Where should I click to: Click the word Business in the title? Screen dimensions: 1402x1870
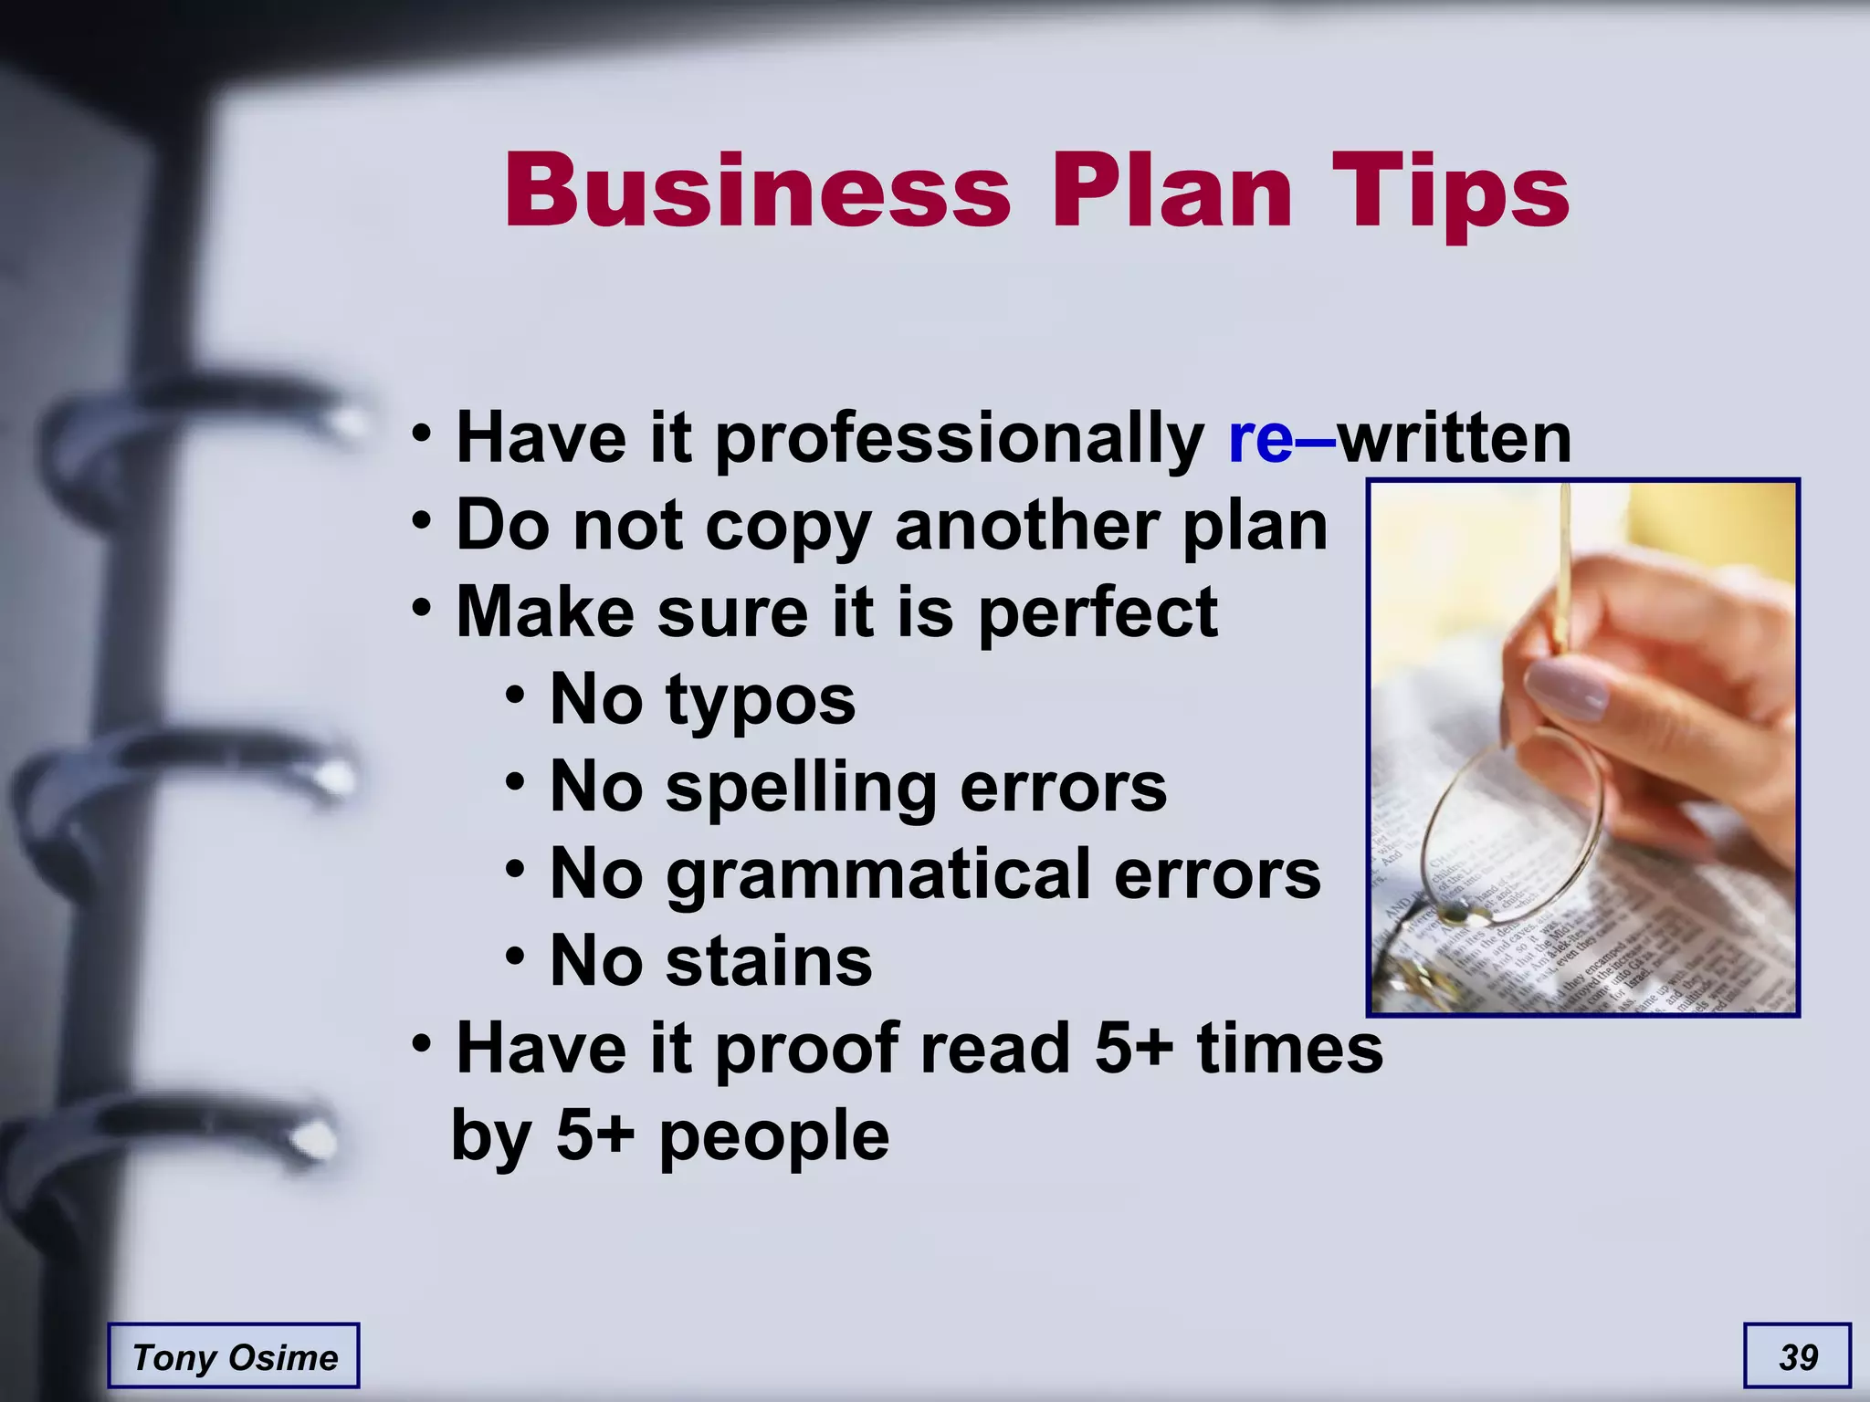758,192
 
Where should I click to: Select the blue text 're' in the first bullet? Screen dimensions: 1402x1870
1261,439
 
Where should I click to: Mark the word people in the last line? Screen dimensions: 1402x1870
773,1137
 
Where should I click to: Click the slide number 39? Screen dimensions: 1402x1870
1798,1357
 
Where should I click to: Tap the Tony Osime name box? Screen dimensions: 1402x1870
234,1357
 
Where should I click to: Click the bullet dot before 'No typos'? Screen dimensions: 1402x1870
515,696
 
